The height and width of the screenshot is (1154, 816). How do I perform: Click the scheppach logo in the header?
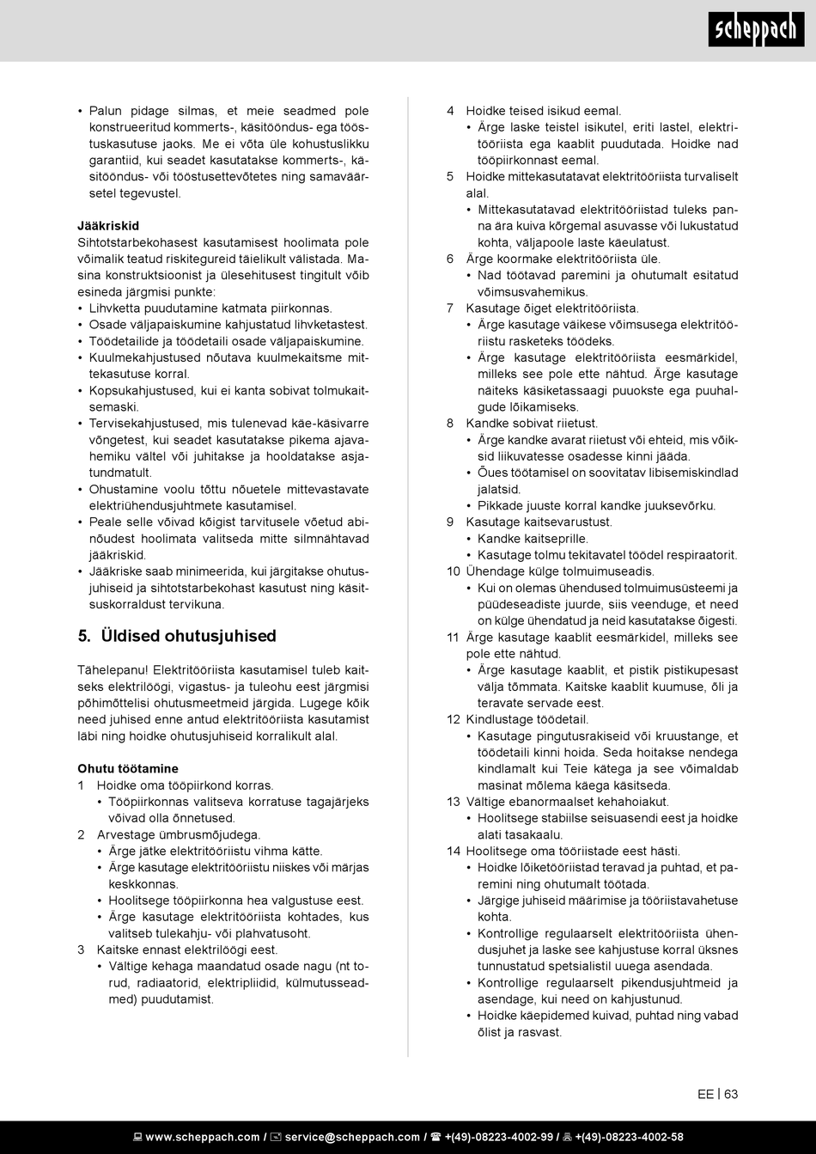click(x=757, y=32)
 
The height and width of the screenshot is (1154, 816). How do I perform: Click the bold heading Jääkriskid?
click(x=108, y=226)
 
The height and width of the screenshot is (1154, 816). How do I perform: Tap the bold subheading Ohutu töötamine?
click(x=128, y=768)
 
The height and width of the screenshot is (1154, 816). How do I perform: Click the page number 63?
click(x=731, y=1094)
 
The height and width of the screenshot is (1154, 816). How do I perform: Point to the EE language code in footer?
click(x=705, y=1094)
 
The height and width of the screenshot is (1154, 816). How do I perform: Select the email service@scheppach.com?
click(x=352, y=1137)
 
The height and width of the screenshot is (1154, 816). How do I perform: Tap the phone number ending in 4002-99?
click(x=498, y=1137)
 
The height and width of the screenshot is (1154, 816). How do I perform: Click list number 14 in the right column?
click(x=453, y=851)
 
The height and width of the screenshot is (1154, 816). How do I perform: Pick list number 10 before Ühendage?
click(x=453, y=571)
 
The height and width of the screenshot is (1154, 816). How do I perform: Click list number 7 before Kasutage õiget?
click(x=450, y=308)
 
